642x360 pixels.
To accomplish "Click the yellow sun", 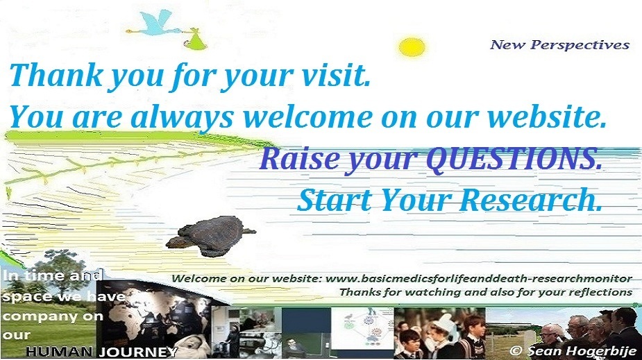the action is pos(412,47).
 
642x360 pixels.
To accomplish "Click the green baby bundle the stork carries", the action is pos(195,40).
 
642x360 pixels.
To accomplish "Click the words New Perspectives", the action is pos(559,44).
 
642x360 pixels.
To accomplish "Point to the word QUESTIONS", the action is pos(515,158).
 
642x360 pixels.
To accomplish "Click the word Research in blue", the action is pos(532,199).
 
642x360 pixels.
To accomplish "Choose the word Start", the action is pos(334,200).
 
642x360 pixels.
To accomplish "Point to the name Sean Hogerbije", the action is pos(582,351).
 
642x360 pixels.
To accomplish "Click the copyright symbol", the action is pos(516,351).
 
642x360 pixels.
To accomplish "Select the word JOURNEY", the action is pos(138,352).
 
